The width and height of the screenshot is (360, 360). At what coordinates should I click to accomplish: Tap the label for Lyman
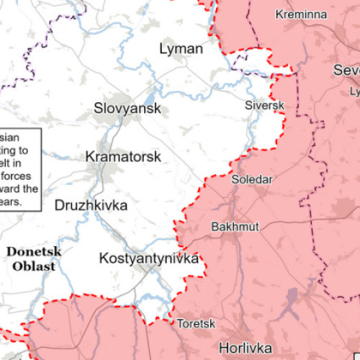click(181, 49)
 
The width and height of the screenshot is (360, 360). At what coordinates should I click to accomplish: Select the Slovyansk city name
click(127, 109)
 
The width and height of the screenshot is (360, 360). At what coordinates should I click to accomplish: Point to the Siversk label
click(265, 105)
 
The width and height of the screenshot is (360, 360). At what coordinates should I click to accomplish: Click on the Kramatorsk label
click(123, 156)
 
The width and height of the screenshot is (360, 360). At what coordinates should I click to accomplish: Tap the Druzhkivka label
click(91, 206)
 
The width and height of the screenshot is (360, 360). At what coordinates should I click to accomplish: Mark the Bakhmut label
click(235, 227)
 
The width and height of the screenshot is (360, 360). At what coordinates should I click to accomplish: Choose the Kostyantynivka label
click(148, 258)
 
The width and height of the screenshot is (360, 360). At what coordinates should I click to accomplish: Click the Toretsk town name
click(194, 324)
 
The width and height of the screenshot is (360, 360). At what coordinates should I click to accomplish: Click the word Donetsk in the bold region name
click(34, 251)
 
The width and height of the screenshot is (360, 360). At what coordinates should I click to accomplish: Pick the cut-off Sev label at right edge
click(346, 70)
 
